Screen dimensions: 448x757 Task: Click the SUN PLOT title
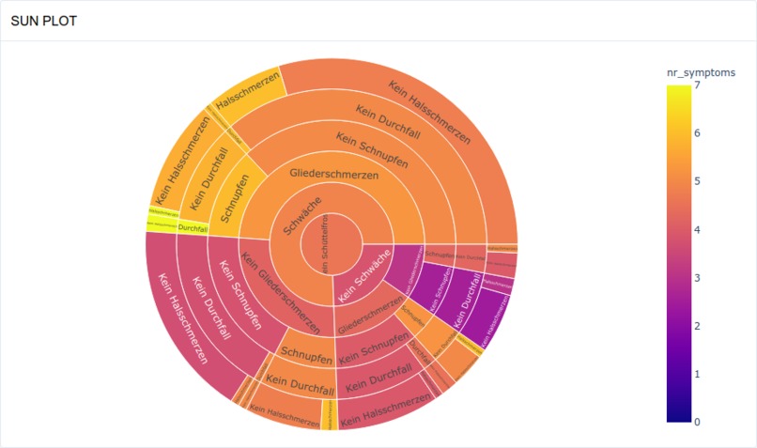click(43, 21)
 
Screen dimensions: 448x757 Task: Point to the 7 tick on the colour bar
click(697, 85)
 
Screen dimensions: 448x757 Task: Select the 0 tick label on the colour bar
click(697, 422)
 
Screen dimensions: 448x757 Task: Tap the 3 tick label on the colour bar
click(697, 278)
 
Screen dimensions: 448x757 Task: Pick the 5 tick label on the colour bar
click(697, 181)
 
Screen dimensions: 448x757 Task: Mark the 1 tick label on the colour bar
click(697, 374)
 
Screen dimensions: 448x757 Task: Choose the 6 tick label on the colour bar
click(697, 133)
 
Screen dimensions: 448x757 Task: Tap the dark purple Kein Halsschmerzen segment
click(497, 314)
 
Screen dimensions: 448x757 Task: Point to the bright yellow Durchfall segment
click(192, 228)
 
